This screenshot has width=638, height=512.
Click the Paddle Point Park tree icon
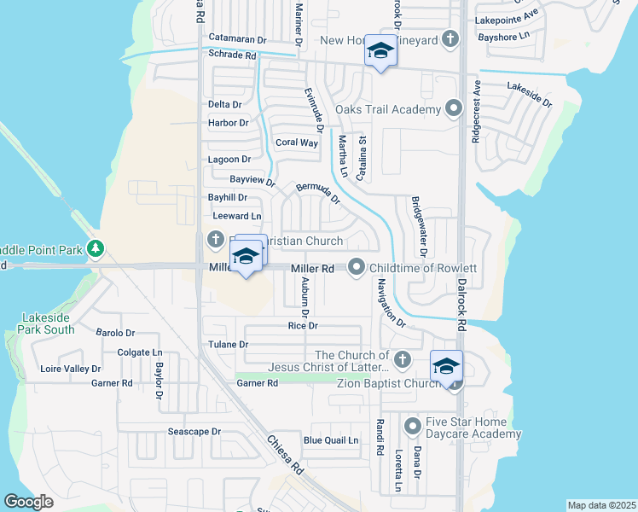coord(96,248)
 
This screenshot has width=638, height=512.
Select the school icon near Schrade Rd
coord(380,51)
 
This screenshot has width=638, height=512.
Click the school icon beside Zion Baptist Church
coord(446,368)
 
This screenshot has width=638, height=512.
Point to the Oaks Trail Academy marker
coord(454,108)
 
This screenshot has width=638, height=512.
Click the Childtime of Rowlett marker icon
coord(357,267)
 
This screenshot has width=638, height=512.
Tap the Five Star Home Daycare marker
coord(413,424)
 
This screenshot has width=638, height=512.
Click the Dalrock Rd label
coord(461,305)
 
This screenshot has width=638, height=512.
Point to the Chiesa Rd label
coord(286,455)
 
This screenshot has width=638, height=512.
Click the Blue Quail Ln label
coord(331,440)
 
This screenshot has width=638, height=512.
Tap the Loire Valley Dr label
coord(71,369)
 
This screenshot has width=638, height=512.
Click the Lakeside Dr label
coord(529,93)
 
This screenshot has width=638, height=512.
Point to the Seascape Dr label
coord(194,432)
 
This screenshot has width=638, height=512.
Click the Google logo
coord(28,502)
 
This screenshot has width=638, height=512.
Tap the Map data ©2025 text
coord(601,505)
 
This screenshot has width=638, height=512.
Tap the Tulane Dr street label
coord(228,345)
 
